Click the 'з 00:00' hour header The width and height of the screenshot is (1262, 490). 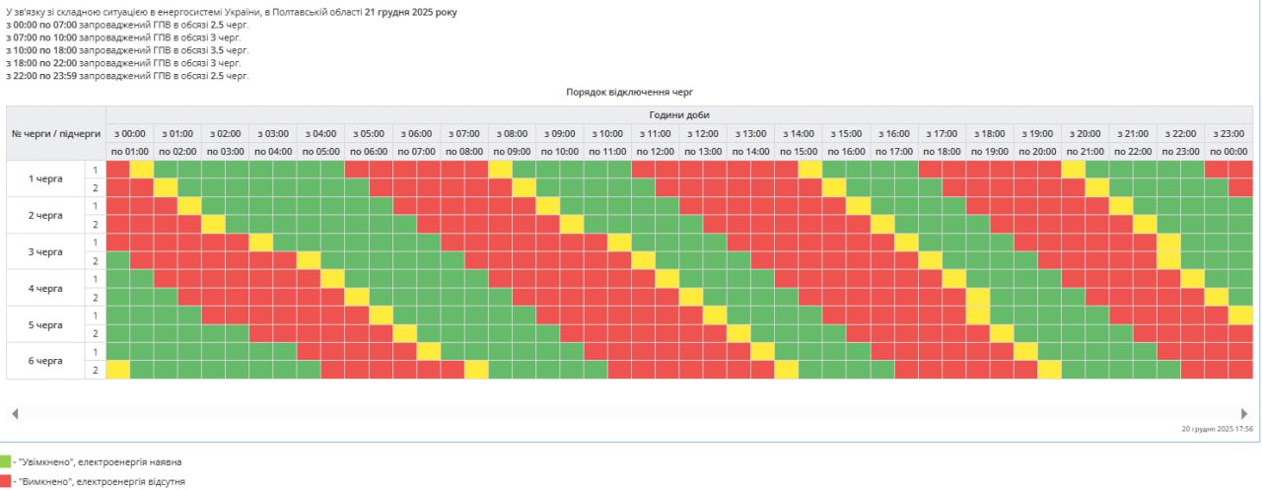tap(130, 133)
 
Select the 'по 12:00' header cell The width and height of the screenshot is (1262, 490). tap(655, 152)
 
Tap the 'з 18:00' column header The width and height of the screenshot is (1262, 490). tap(989, 133)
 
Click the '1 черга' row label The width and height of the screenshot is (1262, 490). tap(45, 178)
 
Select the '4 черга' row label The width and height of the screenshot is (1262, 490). tap(45, 288)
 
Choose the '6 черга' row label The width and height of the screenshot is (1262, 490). tap(45, 361)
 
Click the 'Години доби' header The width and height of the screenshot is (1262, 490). tap(679, 115)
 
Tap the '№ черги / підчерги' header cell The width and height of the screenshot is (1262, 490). tap(56, 133)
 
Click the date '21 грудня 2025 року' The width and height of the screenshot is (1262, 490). tap(411, 12)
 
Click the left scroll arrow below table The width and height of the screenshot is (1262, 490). tap(15, 413)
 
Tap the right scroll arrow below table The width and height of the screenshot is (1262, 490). tap(1244, 413)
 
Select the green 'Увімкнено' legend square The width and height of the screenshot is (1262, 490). tap(5, 461)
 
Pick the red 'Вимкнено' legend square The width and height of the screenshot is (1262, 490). tap(5, 482)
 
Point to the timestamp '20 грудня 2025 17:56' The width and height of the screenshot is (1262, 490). tap(1217, 429)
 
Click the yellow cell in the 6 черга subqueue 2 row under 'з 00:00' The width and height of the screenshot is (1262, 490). tap(118, 370)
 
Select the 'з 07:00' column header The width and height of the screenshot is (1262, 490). tap(464, 133)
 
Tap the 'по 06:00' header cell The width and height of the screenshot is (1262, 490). tap(369, 152)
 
